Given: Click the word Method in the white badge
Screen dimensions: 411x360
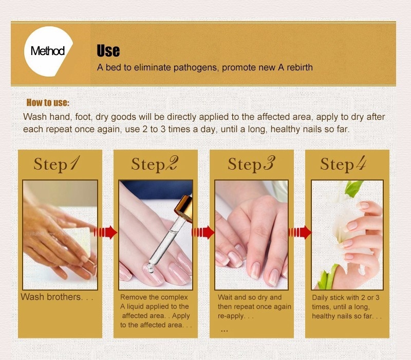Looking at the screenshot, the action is (47, 50).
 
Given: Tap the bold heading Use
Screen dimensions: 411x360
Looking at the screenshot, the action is (108, 50).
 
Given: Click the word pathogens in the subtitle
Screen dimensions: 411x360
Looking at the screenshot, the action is (195, 68).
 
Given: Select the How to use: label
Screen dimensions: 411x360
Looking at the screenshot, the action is (48, 102).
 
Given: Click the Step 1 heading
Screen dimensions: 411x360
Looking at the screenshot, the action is (57, 164).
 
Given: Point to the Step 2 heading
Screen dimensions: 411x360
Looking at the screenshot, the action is (155, 164).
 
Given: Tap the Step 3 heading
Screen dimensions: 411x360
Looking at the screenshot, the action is (251, 164).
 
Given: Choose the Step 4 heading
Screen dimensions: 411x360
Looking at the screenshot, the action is (343, 164).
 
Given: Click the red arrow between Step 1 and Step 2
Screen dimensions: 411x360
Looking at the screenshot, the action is (105, 232).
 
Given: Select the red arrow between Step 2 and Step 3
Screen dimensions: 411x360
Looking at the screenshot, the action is (203, 232).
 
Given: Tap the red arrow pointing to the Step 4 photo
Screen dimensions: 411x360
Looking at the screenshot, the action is (300, 232).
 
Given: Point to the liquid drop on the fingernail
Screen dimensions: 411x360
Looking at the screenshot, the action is (150, 268).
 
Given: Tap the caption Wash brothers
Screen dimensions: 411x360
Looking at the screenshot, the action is (57, 297).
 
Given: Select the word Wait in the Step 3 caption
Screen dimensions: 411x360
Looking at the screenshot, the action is (225, 297).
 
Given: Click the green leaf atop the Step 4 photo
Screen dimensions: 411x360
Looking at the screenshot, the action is (354, 188).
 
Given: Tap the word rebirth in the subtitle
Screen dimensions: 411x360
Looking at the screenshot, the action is (300, 67).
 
